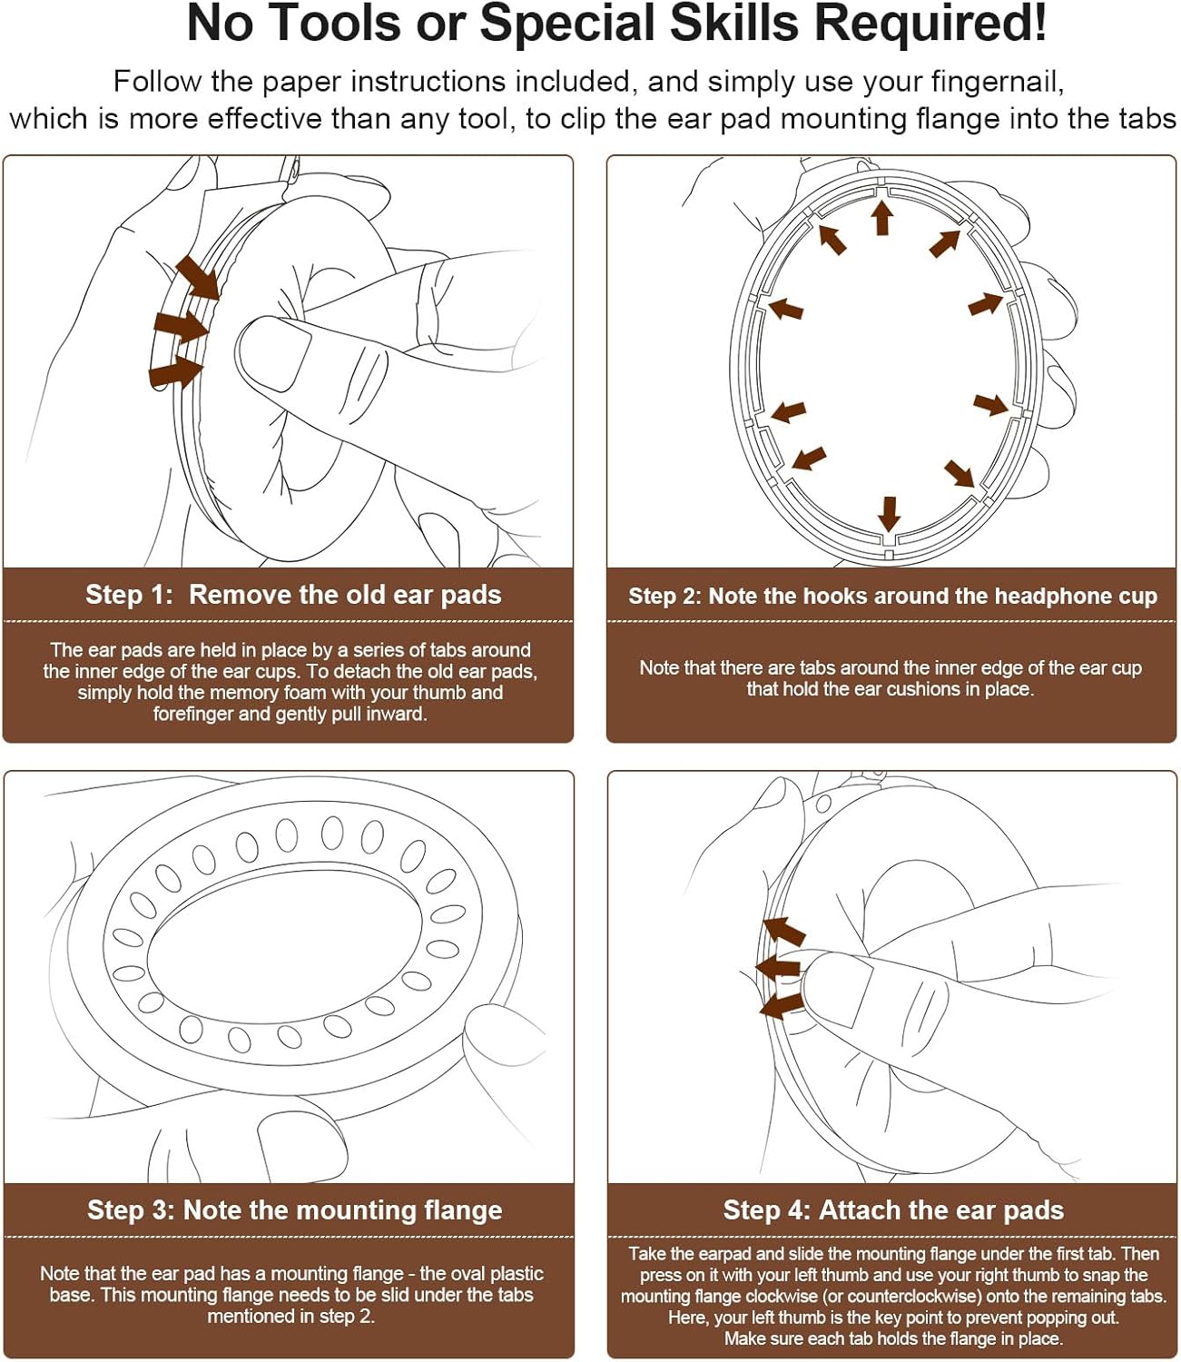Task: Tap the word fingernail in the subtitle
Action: click(x=997, y=82)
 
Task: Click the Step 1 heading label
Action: click(x=292, y=595)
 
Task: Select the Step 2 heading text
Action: click(x=892, y=597)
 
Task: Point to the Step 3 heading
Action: click(x=294, y=1210)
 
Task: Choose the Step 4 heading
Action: click(x=893, y=1210)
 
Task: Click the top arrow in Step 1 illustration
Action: click(x=198, y=277)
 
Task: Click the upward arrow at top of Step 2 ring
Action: click(x=881, y=218)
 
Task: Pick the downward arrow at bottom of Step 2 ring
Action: click(x=889, y=513)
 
